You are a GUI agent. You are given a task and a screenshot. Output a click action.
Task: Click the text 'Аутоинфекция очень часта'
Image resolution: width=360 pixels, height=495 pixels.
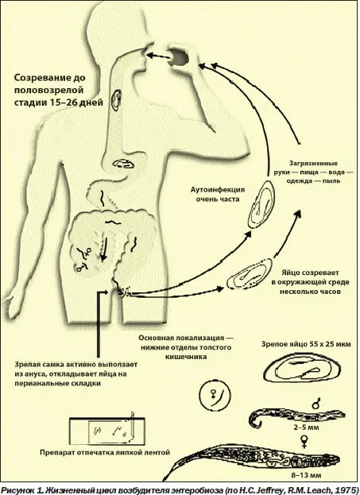tap(218, 195)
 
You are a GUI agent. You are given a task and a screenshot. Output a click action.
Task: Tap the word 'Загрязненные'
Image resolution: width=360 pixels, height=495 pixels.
tap(313, 163)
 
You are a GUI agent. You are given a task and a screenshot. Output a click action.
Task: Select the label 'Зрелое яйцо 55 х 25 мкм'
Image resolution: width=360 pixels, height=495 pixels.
tap(306, 344)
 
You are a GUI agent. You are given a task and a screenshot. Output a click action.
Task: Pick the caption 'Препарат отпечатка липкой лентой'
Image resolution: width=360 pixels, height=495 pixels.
tap(105, 452)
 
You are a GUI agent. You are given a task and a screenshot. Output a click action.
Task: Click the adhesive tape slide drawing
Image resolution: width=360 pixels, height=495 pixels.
tap(107, 429)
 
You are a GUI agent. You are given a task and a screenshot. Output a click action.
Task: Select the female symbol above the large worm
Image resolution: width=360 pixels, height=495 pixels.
tap(304, 441)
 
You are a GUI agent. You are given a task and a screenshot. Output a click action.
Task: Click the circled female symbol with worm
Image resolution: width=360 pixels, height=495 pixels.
tap(215, 395)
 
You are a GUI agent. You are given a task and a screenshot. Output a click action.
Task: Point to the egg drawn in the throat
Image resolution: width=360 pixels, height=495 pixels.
tap(117, 100)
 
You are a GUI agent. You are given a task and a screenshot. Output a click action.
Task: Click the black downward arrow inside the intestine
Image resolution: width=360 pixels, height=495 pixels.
tap(105, 249)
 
